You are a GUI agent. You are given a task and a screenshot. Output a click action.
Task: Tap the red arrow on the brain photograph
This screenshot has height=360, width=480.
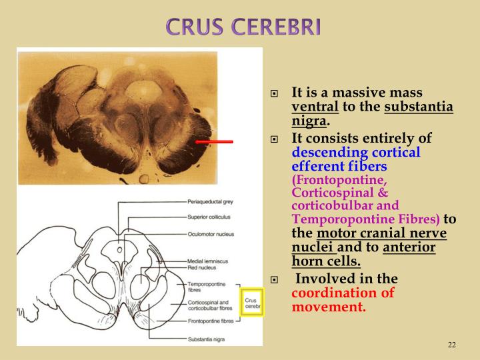click(214, 141)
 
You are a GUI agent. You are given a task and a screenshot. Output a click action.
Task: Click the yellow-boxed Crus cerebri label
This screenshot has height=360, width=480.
click(252, 302)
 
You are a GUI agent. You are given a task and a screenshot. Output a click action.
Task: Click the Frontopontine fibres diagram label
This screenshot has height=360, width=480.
click(210, 323)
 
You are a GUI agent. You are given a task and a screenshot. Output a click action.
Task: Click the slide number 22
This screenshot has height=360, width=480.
click(451, 345)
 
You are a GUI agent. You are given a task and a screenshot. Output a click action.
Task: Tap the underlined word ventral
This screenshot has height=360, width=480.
click(315, 107)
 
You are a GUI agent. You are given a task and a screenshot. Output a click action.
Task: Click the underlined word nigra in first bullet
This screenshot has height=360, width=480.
click(309, 122)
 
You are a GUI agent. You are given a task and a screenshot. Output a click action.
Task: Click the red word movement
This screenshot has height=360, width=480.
click(329, 307)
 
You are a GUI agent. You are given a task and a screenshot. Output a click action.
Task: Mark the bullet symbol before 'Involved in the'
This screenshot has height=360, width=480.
click(273, 279)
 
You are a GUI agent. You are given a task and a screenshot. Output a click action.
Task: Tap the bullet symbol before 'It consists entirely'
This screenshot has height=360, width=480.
click(273, 139)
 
